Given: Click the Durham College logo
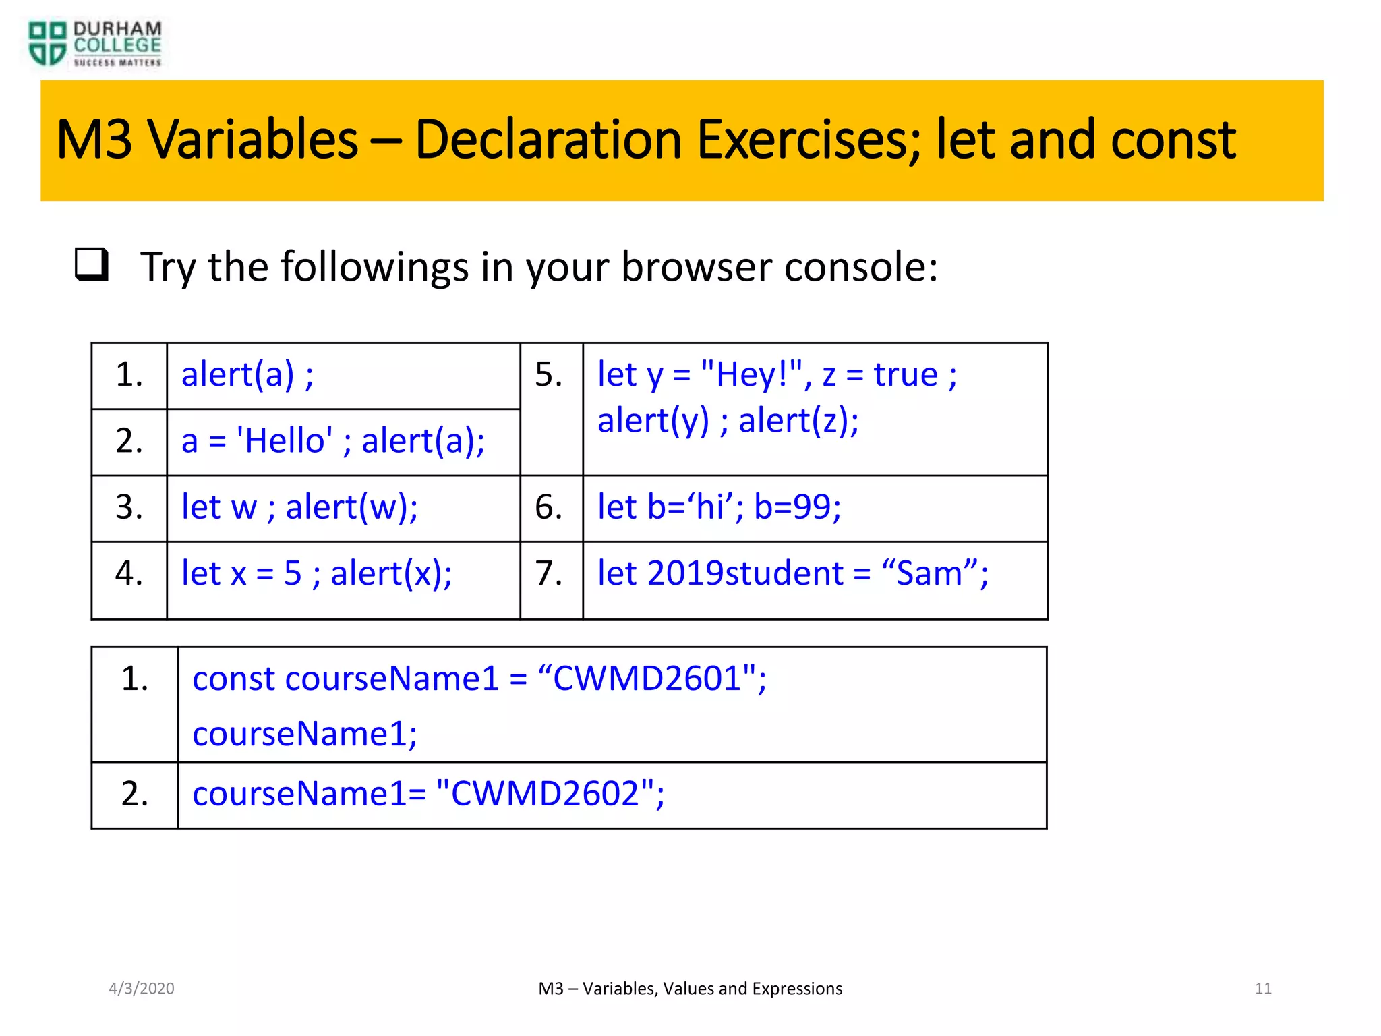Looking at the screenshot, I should (x=94, y=45).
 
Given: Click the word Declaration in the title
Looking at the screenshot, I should (x=548, y=140).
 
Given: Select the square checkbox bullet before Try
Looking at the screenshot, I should (x=91, y=264).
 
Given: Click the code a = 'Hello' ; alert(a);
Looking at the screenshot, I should (x=333, y=441).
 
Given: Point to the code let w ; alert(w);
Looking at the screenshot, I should (x=299, y=507).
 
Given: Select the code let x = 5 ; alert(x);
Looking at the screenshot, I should (x=316, y=573).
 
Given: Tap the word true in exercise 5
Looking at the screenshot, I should (x=905, y=375).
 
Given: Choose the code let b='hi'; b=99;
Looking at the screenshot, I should (x=719, y=507).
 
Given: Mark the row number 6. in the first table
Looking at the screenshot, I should (x=549, y=507).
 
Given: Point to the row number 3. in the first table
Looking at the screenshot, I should (x=129, y=507).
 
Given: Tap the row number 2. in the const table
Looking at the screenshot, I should (x=135, y=794).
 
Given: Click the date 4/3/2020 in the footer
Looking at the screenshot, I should (x=142, y=989).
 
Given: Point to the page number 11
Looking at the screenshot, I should (x=1263, y=989).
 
